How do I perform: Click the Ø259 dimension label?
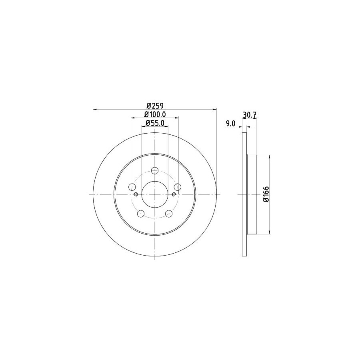click(155, 106)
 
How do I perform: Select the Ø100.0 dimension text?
click(155, 114)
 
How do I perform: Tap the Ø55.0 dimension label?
click(155, 123)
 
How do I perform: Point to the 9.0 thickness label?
click(230, 124)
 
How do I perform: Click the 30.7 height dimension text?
click(249, 114)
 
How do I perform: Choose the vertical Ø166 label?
click(266, 194)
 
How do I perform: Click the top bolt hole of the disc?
click(155, 170)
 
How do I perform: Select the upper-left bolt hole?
click(132, 187)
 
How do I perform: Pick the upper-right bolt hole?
click(178, 187)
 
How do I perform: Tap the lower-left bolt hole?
click(141, 214)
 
